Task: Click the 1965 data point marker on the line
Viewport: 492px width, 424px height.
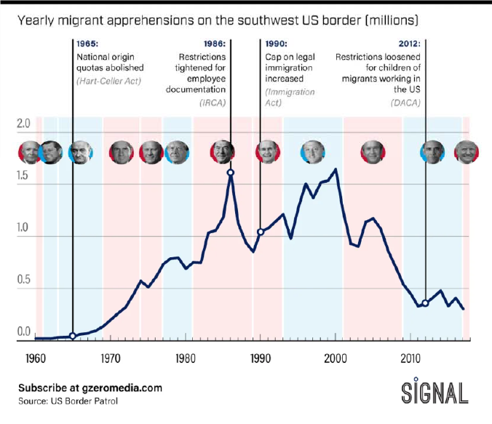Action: pos(72,336)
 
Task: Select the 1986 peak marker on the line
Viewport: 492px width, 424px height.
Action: pos(230,173)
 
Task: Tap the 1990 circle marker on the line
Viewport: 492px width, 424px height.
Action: pos(261,232)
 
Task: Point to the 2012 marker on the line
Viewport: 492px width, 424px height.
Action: pos(425,303)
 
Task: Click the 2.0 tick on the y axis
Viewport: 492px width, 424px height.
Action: pos(23,122)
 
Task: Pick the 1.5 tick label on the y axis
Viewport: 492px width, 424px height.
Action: pos(23,176)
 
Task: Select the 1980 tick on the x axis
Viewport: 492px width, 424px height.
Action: pos(185,358)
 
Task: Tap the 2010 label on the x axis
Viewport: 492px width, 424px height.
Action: pos(410,358)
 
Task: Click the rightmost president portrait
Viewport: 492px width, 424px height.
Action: pos(466,152)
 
